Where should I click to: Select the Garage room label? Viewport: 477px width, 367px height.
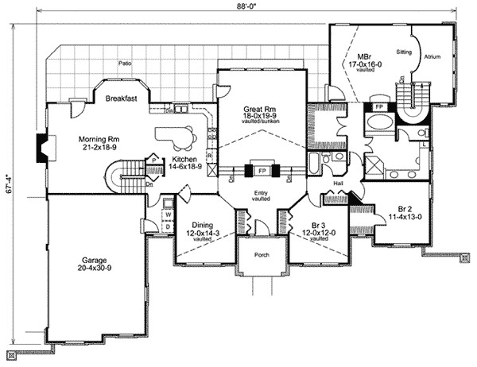coord(95,260)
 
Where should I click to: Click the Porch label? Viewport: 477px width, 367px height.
coord(260,255)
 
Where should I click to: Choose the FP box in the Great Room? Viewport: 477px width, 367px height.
coord(260,170)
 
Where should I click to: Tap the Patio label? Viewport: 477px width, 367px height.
coord(125,60)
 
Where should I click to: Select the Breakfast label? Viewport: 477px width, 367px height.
coord(122,99)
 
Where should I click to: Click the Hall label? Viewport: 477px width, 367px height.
coord(336,183)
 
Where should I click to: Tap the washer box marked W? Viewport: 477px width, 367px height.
coord(169,213)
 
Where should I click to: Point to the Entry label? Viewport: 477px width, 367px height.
coord(260,193)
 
